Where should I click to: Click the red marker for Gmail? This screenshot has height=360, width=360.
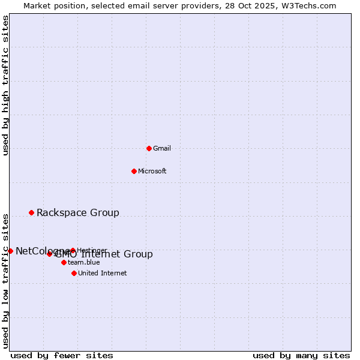click(149, 148)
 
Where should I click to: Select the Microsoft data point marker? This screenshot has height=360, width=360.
click(134, 171)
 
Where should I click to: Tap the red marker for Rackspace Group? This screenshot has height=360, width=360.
click(31, 212)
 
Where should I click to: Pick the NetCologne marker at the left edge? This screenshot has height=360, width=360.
click(10, 251)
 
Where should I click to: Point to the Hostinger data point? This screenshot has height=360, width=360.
click(73, 251)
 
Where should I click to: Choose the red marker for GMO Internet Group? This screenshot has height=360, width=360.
click(49, 254)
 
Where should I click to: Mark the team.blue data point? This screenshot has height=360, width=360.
click(64, 262)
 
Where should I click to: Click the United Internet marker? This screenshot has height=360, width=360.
click(74, 273)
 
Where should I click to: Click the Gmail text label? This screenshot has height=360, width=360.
click(162, 148)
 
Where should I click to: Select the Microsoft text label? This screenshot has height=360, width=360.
click(152, 171)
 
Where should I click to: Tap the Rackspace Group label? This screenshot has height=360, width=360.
click(78, 212)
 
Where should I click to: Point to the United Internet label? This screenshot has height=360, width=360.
click(103, 273)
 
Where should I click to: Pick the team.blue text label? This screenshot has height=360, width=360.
click(84, 263)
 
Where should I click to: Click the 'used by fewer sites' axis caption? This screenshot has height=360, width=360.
click(62, 355)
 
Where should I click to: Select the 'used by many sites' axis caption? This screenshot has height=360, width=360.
click(301, 355)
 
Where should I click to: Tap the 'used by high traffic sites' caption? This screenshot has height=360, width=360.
click(5, 85)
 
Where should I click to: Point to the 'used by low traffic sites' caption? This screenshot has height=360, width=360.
click(5, 280)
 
